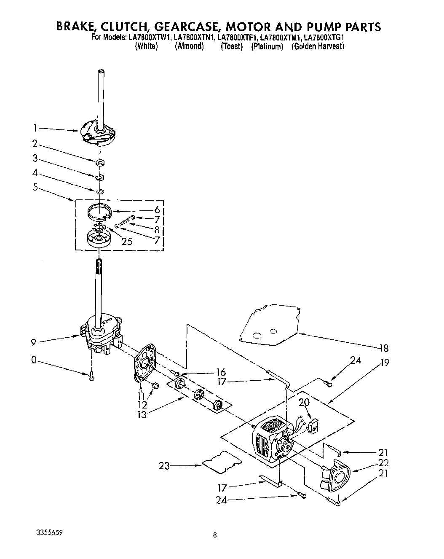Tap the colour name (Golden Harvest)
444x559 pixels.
[x=318, y=47]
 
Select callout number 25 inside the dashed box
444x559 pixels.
[x=127, y=241]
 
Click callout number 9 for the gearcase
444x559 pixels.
[x=33, y=343]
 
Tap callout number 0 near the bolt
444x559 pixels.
[x=34, y=360]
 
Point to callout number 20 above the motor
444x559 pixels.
[x=304, y=403]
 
